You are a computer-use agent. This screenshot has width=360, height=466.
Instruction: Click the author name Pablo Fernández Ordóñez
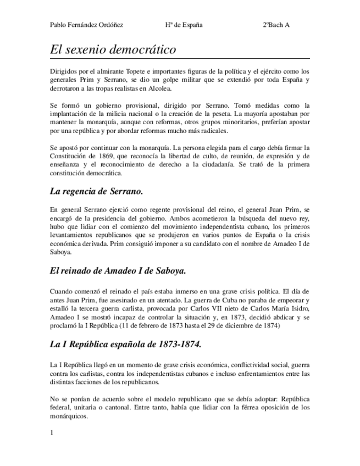tap(86, 25)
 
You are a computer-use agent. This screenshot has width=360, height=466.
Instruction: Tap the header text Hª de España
tap(183, 25)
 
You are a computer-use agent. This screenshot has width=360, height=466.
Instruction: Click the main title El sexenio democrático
tap(113, 49)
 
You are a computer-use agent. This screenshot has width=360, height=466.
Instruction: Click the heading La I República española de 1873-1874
tap(125, 345)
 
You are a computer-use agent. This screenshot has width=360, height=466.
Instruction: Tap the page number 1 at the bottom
tap(51, 433)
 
